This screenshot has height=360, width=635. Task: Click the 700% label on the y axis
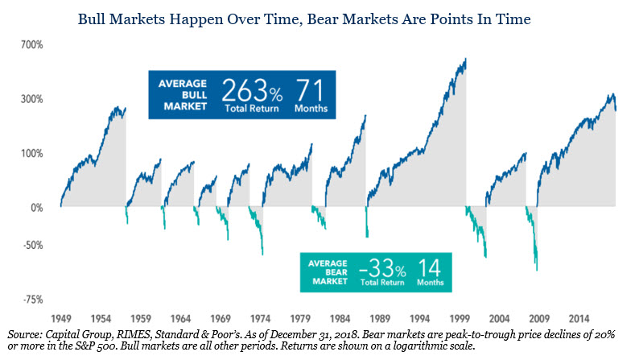click(x=32, y=44)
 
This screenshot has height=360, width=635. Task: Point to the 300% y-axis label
click(x=32, y=99)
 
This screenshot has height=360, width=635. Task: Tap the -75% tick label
click(x=33, y=300)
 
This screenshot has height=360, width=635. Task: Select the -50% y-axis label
click(x=33, y=246)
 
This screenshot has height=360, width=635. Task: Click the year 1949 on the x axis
click(x=61, y=319)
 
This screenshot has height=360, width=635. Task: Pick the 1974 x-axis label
click(x=261, y=319)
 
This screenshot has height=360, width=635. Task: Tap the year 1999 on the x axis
click(x=460, y=319)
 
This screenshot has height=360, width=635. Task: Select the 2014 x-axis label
click(x=579, y=319)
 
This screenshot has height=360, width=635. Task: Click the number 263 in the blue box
click(x=244, y=90)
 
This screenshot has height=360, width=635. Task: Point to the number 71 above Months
click(x=310, y=90)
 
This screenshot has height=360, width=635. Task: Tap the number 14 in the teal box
click(x=429, y=267)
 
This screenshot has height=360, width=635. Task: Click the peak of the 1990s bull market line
click(x=466, y=58)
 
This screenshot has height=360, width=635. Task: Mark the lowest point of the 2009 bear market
click(x=537, y=270)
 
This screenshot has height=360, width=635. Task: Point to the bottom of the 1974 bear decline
click(x=262, y=254)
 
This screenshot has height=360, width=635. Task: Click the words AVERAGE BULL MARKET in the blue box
click(x=183, y=95)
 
